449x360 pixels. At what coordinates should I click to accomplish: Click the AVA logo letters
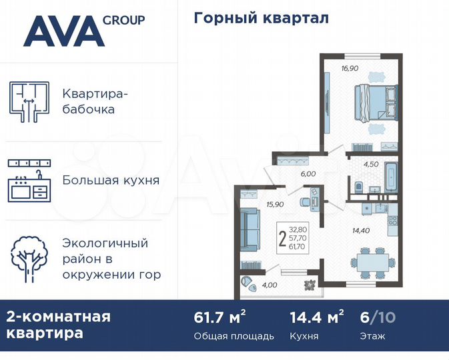click(63, 31)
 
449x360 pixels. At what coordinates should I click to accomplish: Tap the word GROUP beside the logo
click(123, 20)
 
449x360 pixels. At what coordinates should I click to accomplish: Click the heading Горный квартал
click(261, 18)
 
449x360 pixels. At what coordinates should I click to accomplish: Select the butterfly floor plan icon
click(31, 101)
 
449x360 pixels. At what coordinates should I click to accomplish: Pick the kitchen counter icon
click(30, 181)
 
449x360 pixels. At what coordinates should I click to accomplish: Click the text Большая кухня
click(111, 180)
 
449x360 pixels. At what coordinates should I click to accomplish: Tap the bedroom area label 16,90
click(351, 67)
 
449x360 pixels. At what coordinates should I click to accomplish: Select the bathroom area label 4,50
click(372, 163)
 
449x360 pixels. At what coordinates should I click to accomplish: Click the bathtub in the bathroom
click(390, 175)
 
